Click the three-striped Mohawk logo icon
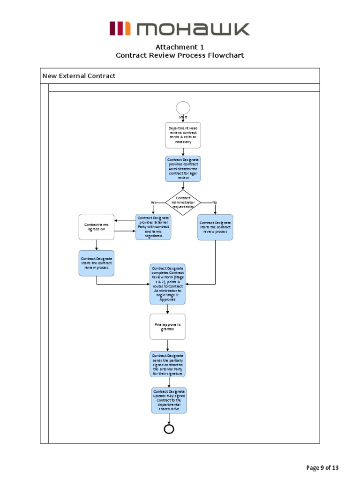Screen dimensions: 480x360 [120, 29]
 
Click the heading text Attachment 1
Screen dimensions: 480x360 [180, 47]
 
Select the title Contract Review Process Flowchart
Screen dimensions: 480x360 [180, 55]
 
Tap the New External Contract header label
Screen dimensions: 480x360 [79, 76]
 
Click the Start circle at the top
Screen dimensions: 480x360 [183, 108]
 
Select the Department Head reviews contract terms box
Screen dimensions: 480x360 [183, 135]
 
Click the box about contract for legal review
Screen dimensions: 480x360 [183, 169]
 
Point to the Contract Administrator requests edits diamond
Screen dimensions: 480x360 [183, 202]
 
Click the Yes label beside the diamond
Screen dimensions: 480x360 [153, 202]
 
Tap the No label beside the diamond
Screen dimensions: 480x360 [215, 202]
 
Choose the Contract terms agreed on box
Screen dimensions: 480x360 [96, 227]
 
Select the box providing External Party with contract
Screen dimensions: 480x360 [153, 227]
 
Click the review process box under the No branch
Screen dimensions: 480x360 [215, 227]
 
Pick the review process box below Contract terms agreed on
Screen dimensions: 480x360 [96, 262]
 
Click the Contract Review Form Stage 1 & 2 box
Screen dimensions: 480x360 [167, 284]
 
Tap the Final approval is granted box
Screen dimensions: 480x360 [167, 327]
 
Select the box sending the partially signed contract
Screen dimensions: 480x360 [167, 364]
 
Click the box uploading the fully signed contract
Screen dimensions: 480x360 [169, 400]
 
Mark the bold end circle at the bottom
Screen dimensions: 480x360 [169, 429]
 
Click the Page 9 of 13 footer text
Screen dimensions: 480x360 [322, 467]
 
